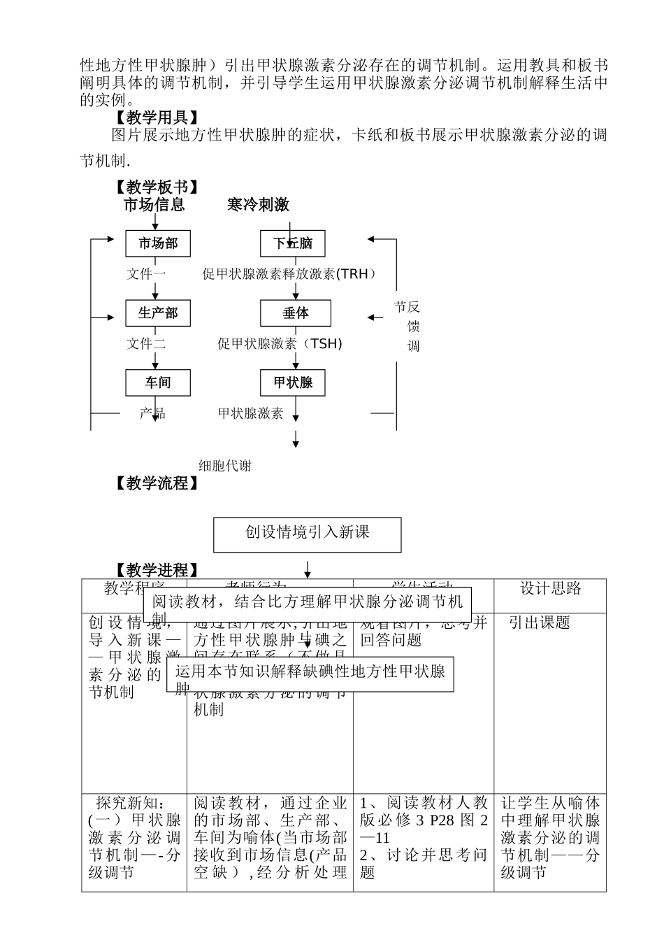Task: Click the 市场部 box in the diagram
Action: (x=158, y=243)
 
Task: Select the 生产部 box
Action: (x=158, y=313)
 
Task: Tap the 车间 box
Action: (x=158, y=383)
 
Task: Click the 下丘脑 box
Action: (x=293, y=243)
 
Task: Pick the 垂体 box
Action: (x=296, y=313)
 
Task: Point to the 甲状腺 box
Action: (x=294, y=383)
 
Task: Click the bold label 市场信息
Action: (x=154, y=204)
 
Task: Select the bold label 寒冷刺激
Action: (x=258, y=204)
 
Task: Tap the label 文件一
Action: (x=146, y=274)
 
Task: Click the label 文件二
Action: (x=146, y=343)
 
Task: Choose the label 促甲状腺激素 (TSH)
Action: (x=280, y=343)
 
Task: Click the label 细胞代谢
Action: (x=225, y=466)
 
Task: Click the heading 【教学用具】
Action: (x=157, y=117)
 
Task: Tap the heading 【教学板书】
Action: (x=157, y=187)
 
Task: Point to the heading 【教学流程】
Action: (x=157, y=483)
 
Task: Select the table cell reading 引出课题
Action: (x=539, y=622)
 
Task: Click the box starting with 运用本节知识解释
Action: (x=310, y=674)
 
